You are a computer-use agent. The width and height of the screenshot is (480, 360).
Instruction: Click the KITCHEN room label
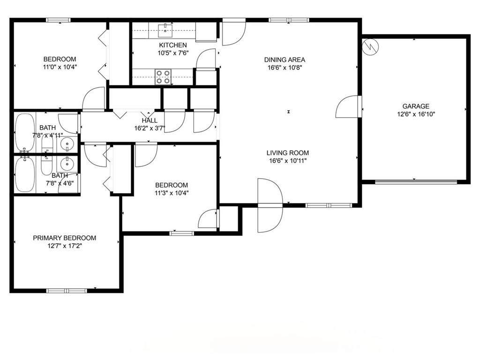(x=173, y=45)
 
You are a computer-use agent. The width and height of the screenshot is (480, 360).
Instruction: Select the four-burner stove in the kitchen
(x=163, y=77)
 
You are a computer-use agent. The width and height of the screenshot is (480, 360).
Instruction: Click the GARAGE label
(x=416, y=106)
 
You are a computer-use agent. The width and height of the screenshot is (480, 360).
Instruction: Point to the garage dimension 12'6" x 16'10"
(x=416, y=114)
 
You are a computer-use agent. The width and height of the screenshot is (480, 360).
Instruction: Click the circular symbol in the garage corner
(x=370, y=47)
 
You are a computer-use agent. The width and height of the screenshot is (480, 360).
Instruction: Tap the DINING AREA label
(x=285, y=60)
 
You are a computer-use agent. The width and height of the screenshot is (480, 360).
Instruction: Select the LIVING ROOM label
(x=288, y=153)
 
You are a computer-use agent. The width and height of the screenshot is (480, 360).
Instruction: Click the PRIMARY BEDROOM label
(x=65, y=238)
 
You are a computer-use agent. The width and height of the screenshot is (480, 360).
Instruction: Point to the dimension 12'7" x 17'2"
(x=65, y=246)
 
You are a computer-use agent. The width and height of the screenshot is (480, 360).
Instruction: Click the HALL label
(x=150, y=120)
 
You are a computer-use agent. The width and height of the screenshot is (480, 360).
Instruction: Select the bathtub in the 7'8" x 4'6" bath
(x=25, y=174)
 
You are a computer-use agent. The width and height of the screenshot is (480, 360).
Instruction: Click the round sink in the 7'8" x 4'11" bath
(x=67, y=143)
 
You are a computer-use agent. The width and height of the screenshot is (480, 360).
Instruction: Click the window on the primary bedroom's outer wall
(x=67, y=291)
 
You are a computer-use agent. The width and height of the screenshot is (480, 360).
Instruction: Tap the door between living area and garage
(x=349, y=106)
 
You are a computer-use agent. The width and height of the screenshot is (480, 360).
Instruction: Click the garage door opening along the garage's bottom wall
(x=416, y=182)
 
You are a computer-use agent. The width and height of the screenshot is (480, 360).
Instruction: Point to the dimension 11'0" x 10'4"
(x=60, y=67)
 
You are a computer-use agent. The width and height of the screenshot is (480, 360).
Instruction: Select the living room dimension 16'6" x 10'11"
(x=288, y=161)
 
